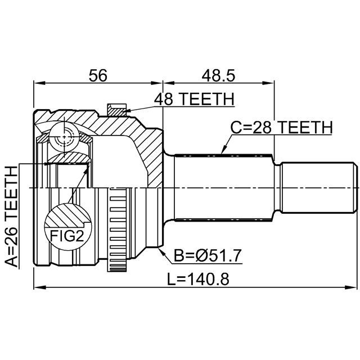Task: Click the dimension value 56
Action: coord(98,75)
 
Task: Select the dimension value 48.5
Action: coord(218,75)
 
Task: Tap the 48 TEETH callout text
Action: coord(194,99)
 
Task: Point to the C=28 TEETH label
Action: coord(281,128)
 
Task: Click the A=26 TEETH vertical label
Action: coord(11,217)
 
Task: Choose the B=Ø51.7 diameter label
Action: coord(208,256)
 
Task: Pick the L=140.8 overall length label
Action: coord(198,279)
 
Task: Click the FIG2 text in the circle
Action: coord(67,236)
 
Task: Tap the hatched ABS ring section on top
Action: coord(116,110)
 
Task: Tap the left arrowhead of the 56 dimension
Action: coord(39,83)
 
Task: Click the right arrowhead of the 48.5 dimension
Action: coord(268,83)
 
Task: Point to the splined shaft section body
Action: coord(224,187)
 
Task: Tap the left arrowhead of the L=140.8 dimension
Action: coord(39,287)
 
